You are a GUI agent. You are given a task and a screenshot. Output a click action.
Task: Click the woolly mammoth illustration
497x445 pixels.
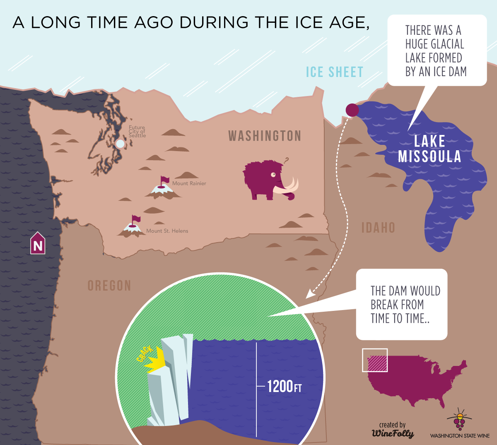pyautogui.click(x=265, y=180)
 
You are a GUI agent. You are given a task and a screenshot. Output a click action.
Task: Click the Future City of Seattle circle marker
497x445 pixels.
pyautogui.click(x=120, y=144)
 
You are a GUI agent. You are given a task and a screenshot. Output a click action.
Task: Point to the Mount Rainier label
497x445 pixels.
pyautogui.click(x=189, y=183)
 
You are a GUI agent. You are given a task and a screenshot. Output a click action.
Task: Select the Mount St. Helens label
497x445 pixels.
pyautogui.click(x=167, y=231)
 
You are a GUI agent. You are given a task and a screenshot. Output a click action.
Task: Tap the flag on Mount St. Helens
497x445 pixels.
pyautogui.click(x=135, y=219)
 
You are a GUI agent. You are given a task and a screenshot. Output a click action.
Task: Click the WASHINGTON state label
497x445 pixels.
pyautogui.click(x=265, y=136)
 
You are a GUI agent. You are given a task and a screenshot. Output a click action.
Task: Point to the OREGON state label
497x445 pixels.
pyautogui.click(x=109, y=286)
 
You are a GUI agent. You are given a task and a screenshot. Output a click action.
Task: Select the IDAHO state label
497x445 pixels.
pyautogui.click(x=378, y=228)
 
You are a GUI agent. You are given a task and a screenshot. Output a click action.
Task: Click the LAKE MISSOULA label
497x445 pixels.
pyautogui.click(x=429, y=149)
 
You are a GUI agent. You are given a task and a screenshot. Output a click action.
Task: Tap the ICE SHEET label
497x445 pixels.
pyautogui.click(x=334, y=72)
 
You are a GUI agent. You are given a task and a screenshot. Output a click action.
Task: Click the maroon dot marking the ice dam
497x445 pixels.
pyautogui.click(x=352, y=110)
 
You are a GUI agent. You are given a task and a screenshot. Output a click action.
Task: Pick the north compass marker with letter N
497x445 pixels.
pyautogui.click(x=38, y=244)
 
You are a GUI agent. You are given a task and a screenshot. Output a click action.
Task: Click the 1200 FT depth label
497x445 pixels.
pyautogui.click(x=284, y=387)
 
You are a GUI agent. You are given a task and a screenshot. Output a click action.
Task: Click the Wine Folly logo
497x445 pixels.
pyautogui.click(x=393, y=431)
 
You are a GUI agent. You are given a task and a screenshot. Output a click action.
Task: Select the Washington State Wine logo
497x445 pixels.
pyautogui.click(x=460, y=424)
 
